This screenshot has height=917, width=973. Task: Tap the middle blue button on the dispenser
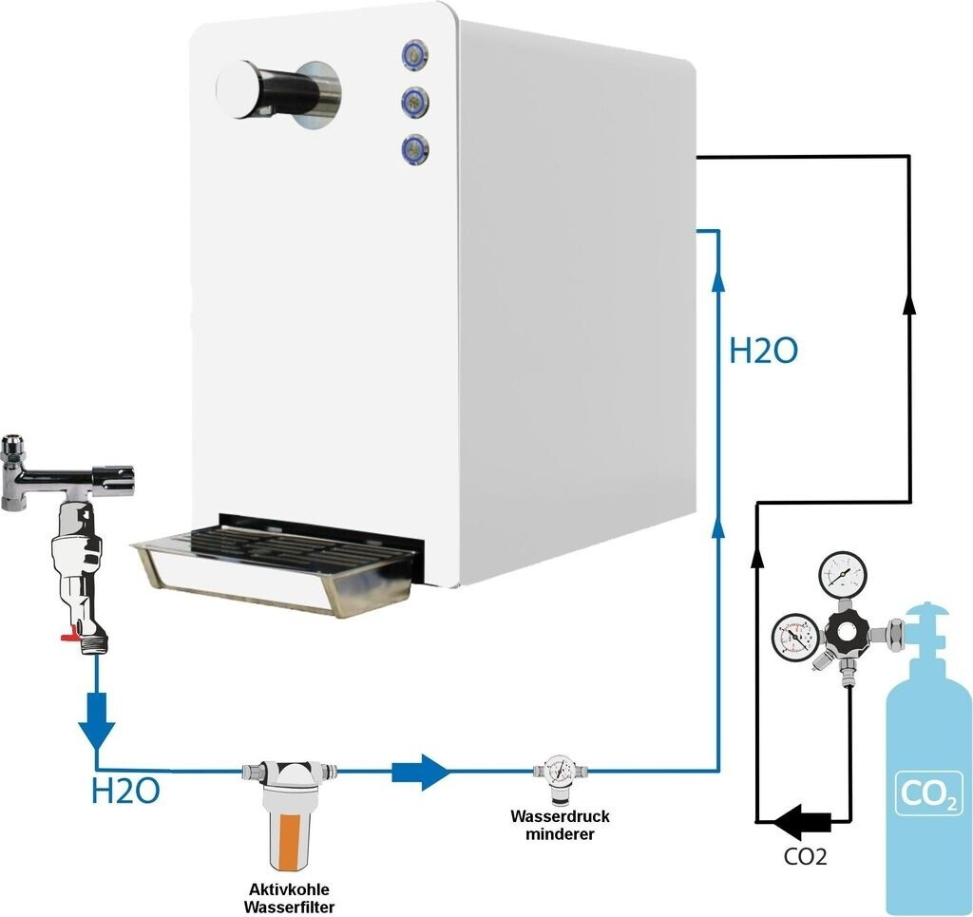414,99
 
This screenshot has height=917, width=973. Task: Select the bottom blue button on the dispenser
414,147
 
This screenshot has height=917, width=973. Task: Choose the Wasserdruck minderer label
559,825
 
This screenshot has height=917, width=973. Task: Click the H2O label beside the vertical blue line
763,352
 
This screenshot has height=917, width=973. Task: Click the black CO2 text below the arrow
805,856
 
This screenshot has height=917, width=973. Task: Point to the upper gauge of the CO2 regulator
843,573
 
